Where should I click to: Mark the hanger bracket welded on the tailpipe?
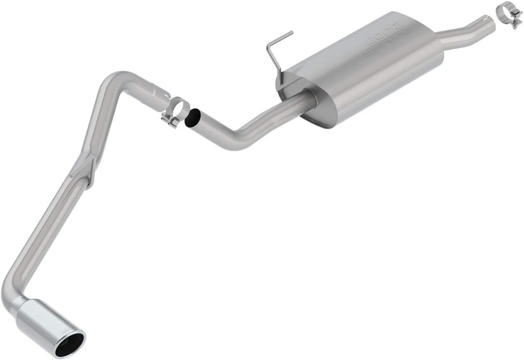86,170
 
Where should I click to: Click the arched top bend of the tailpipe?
116,78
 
